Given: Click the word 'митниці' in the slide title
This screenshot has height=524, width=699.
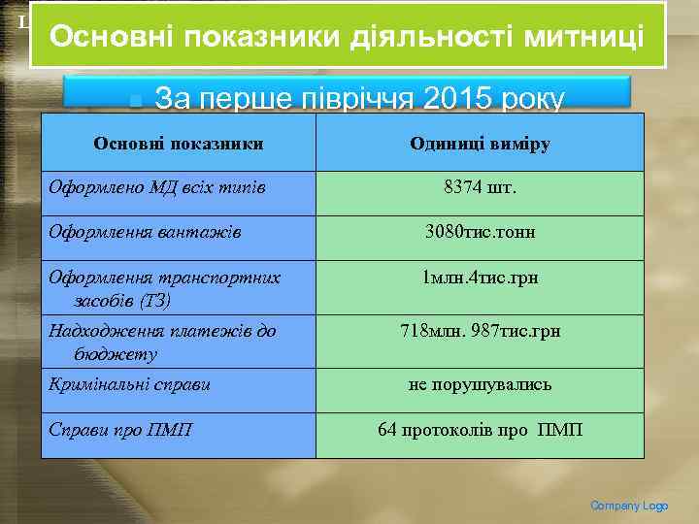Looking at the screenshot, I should click(582, 38).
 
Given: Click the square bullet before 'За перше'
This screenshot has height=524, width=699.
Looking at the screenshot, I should click(136, 99).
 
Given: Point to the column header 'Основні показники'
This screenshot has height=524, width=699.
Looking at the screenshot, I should click(179, 144).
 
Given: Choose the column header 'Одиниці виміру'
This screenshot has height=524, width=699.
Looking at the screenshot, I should click(480, 144).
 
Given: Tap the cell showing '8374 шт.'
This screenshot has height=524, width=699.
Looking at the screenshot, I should click(480, 186).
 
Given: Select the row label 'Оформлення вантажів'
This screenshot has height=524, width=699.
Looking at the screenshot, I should click(146, 232).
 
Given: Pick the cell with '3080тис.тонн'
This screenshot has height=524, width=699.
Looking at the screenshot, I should click(480, 232).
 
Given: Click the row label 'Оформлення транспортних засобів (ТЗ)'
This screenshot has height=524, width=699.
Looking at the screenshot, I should click(164, 288).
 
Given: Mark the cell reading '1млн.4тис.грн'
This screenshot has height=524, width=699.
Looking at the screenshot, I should click(480, 278).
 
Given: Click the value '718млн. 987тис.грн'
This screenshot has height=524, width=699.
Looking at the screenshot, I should click(480, 331).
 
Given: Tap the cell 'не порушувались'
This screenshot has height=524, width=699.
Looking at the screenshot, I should click(480, 383).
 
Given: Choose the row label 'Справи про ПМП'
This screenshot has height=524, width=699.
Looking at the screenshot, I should click(119, 429).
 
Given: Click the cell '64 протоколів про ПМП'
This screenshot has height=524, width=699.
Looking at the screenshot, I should click(480, 429).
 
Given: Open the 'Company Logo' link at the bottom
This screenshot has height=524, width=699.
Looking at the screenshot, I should click(629, 506).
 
